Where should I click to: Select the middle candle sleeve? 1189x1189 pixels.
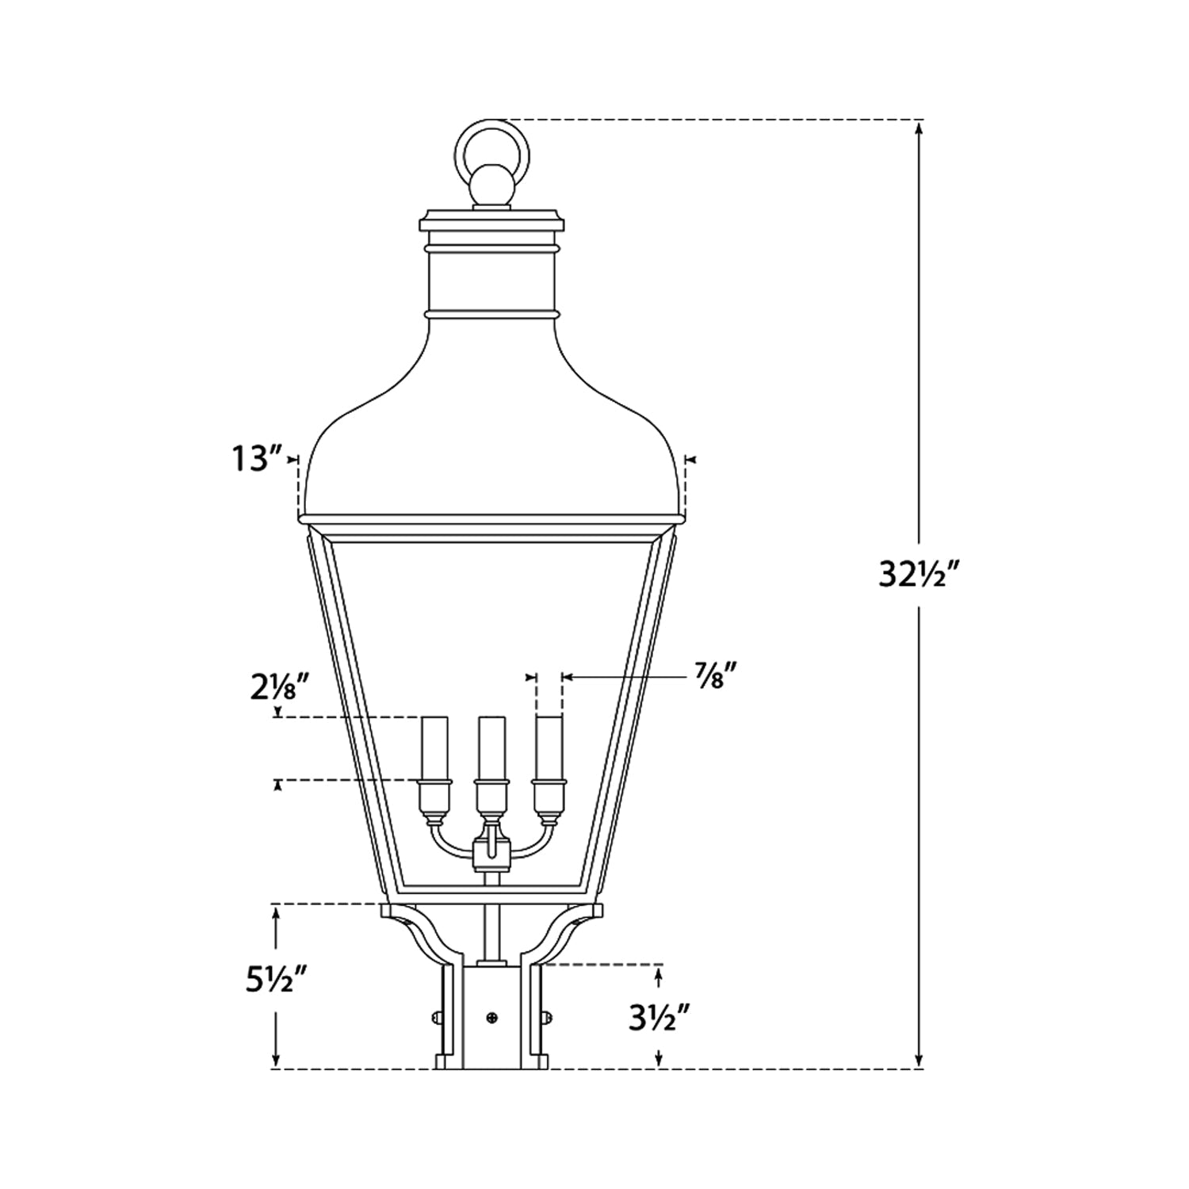pyautogui.click(x=491, y=747)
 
